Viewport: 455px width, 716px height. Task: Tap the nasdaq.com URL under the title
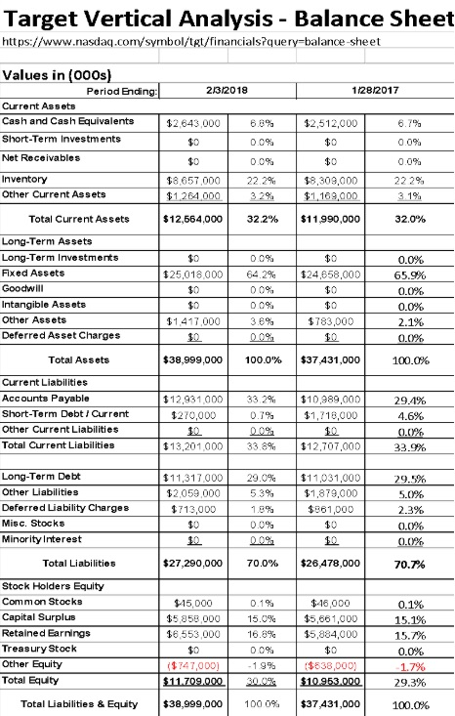[192, 44]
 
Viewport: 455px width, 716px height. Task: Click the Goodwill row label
[26, 289]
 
